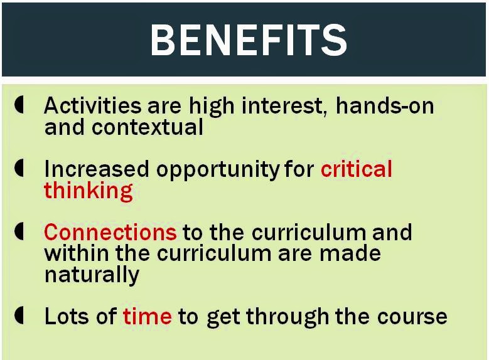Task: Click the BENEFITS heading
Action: [x=249, y=40]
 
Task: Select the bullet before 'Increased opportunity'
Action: [x=19, y=168]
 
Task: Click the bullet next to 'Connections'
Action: [x=19, y=231]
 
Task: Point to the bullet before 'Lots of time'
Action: [x=19, y=315]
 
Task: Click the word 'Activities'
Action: [x=93, y=105]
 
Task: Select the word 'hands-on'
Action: [x=385, y=105]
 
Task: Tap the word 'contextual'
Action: [x=147, y=127]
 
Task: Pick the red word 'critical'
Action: [x=356, y=169]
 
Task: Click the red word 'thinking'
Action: [x=89, y=191]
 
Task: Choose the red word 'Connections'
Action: [x=110, y=232]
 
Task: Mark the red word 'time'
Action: [x=147, y=316]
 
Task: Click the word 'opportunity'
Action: [x=218, y=170]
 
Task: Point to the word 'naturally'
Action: [x=92, y=275]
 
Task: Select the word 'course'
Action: [x=412, y=317]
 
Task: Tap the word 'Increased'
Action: [x=97, y=169]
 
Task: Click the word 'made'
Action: [x=350, y=253]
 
